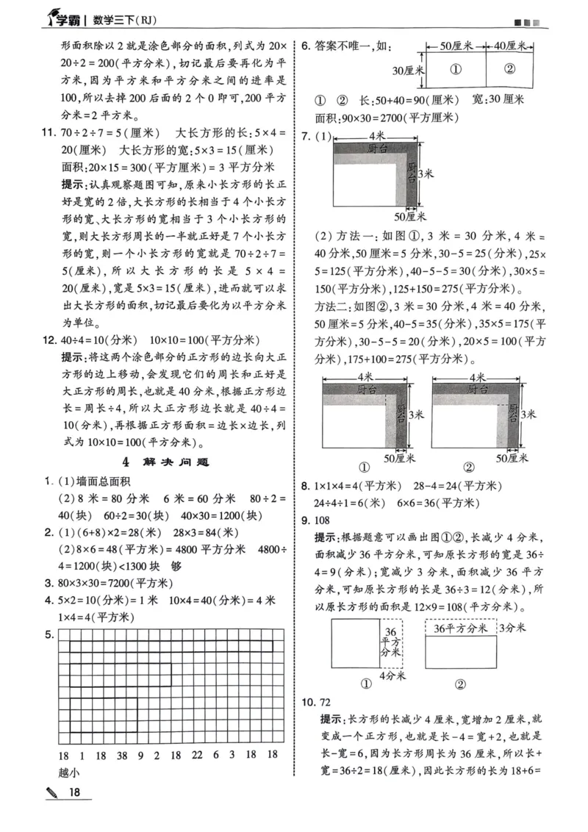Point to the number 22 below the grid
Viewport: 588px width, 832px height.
[x=196, y=755]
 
